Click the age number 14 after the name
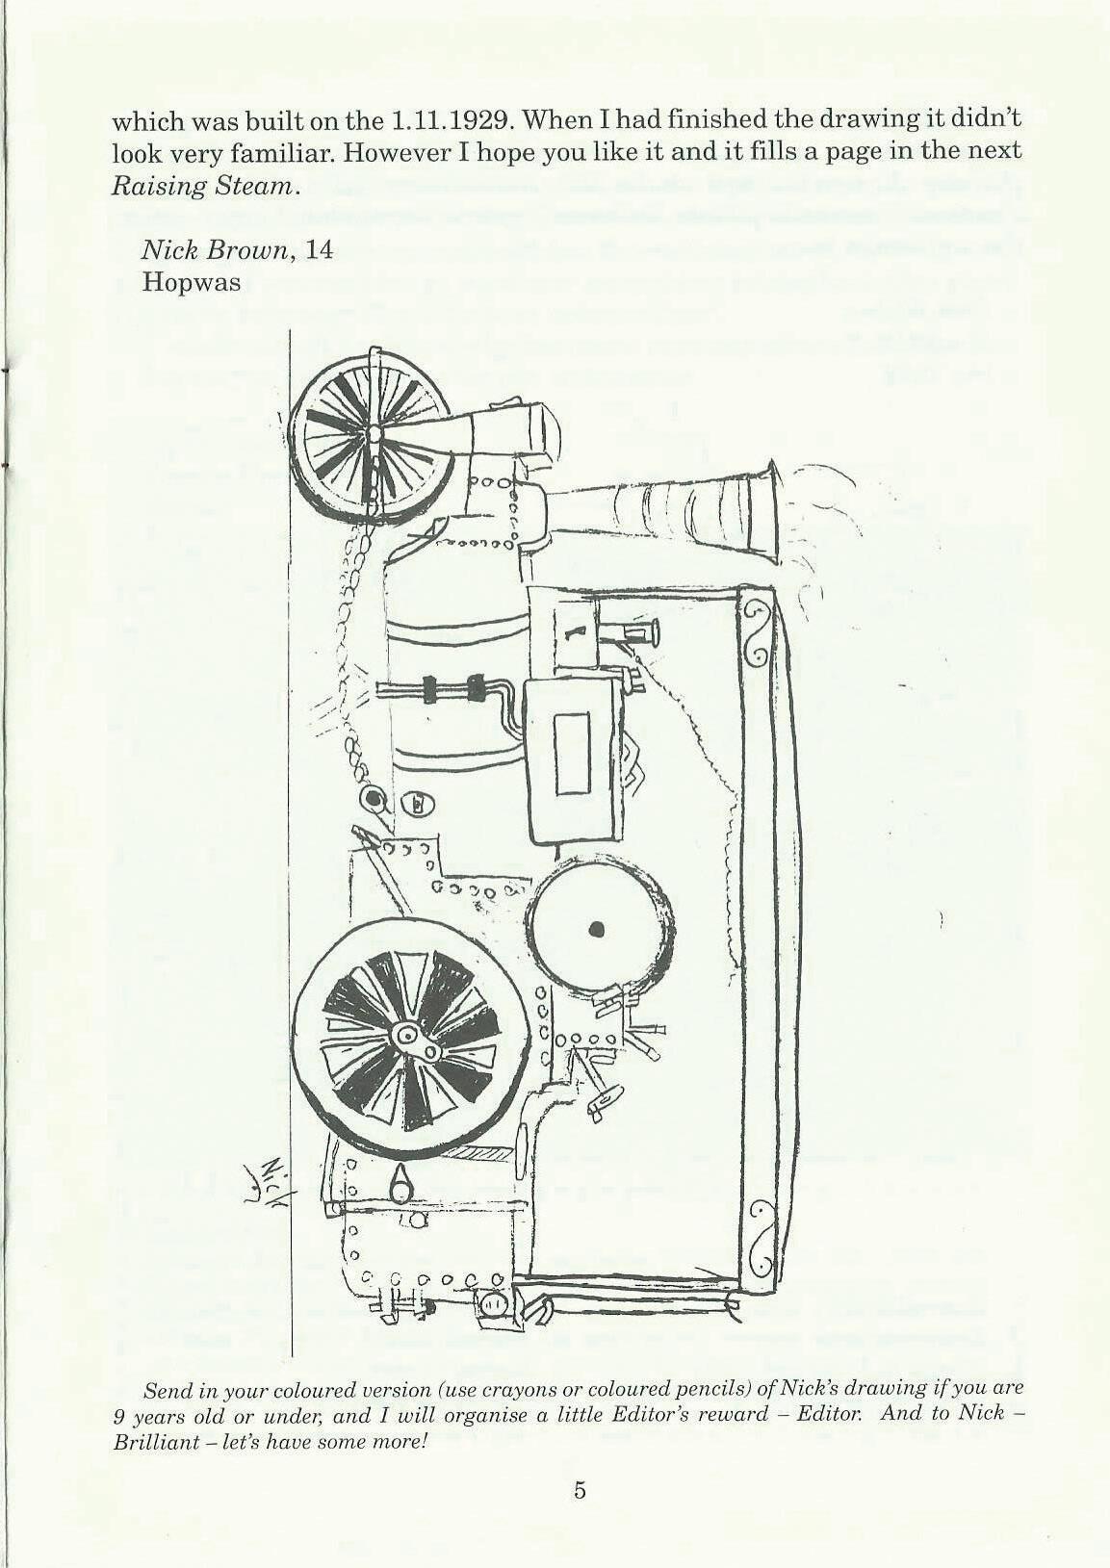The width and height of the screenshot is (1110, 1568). point(317,250)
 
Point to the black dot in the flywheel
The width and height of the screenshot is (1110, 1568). point(596,929)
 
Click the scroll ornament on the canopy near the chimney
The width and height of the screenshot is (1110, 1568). point(757,632)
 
